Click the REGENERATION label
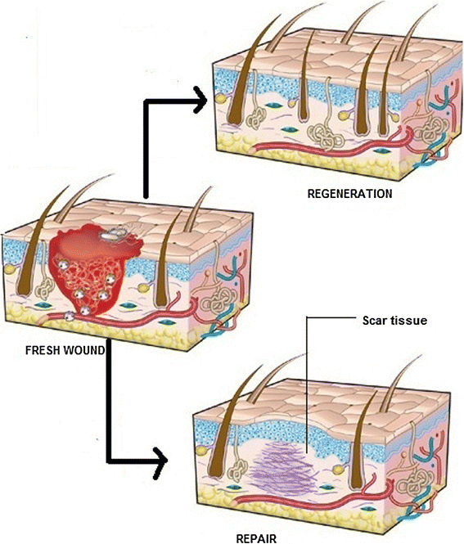point(350,194)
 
